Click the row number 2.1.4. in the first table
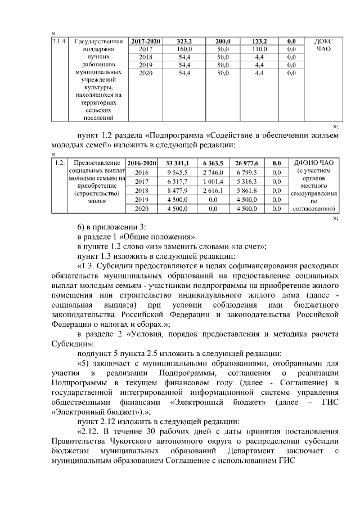click(59, 42)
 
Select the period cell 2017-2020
click(145, 42)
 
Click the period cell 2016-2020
click(142, 163)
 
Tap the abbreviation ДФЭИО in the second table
click(308, 163)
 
